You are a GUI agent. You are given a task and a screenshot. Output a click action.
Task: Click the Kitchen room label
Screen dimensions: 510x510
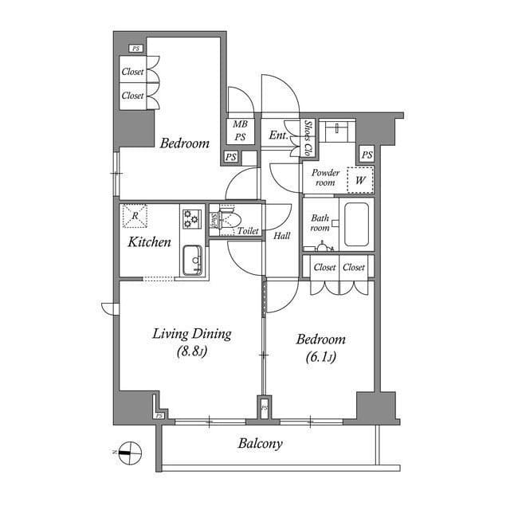[x=150, y=241]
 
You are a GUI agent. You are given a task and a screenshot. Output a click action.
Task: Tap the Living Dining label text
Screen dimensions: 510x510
[x=192, y=333]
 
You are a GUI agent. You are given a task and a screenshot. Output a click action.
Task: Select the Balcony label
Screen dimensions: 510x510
[x=260, y=444]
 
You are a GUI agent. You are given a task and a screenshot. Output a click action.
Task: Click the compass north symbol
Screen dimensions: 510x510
[x=128, y=452]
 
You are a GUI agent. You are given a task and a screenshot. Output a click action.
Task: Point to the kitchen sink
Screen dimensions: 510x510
[x=192, y=261]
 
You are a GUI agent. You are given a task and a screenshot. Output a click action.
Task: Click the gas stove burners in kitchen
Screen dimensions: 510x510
[x=191, y=218]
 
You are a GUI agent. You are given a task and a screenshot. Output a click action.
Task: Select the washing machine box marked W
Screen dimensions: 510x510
[x=360, y=180]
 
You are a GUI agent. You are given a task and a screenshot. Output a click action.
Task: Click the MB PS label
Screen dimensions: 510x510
[x=240, y=131]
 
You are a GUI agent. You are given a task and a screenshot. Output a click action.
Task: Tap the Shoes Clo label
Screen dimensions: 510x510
[x=308, y=138]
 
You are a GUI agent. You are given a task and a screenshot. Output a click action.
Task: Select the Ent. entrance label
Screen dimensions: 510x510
[x=278, y=136]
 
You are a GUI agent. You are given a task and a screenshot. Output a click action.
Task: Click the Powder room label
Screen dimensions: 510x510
[x=325, y=178]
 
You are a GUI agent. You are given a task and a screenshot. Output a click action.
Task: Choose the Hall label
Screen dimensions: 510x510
[x=282, y=236]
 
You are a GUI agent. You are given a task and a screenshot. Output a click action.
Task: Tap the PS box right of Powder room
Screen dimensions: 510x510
[x=367, y=155]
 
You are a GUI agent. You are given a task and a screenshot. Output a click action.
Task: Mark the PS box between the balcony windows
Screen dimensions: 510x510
[x=265, y=409]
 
